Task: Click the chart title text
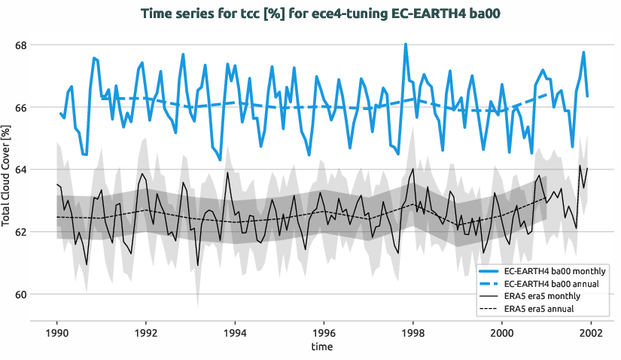(310, 13)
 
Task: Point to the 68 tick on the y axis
(20, 45)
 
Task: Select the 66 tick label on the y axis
(20, 108)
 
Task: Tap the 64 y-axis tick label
(20, 169)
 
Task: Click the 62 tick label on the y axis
(20, 232)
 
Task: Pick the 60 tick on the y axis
(20, 294)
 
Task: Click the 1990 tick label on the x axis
(57, 333)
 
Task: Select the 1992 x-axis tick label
(146, 333)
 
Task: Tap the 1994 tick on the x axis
(235, 333)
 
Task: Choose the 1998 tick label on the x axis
(413, 333)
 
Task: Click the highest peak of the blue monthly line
(406, 44)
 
